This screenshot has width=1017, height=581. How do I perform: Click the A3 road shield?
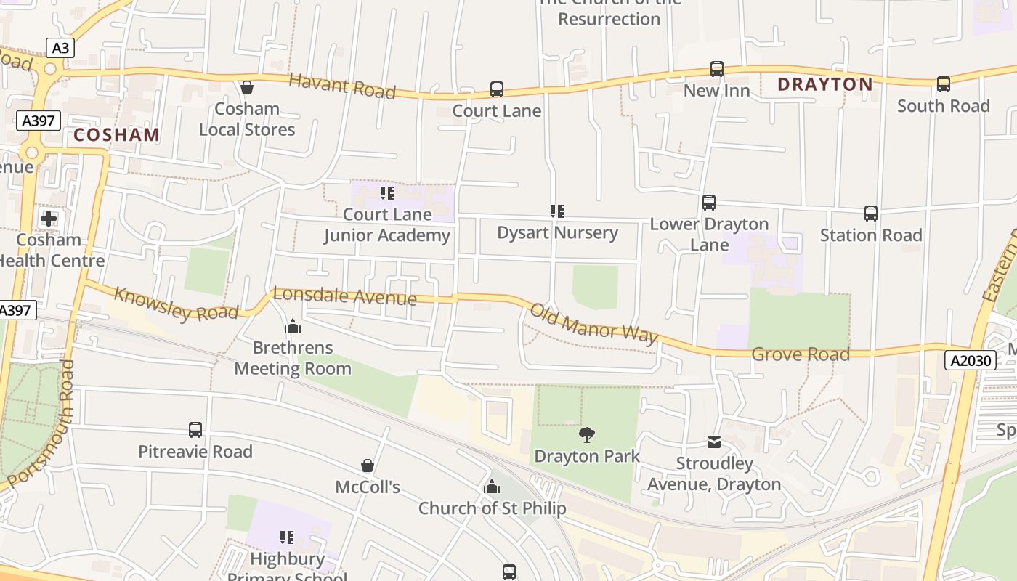pyautogui.click(x=61, y=48)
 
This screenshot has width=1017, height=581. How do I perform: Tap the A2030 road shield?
pyautogui.click(x=970, y=360)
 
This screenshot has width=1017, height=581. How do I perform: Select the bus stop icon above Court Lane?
pyautogui.click(x=497, y=89)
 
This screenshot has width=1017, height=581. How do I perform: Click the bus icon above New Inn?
pyautogui.click(x=717, y=69)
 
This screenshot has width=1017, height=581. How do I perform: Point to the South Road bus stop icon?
pyautogui.click(x=943, y=84)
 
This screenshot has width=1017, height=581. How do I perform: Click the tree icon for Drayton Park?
pyautogui.click(x=587, y=435)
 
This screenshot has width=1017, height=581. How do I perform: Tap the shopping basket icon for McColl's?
pyautogui.click(x=368, y=466)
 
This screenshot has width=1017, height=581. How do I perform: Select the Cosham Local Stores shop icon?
pyautogui.click(x=247, y=87)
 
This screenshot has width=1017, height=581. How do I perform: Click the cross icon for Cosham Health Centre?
pyautogui.click(x=49, y=218)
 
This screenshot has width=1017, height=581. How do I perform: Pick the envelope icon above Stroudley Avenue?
pyautogui.click(x=714, y=442)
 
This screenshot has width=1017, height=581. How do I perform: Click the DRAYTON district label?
pyautogui.click(x=825, y=84)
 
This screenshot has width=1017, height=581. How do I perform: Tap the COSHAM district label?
pyautogui.click(x=116, y=134)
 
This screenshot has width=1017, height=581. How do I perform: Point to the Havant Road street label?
pyautogui.click(x=342, y=86)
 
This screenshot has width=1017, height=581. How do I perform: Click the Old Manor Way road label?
pyautogui.click(x=593, y=323)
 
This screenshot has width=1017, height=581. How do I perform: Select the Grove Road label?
pyautogui.click(x=801, y=354)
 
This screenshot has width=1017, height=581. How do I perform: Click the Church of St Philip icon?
pyautogui.click(x=492, y=487)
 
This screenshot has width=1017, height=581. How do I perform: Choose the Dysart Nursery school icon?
pyautogui.click(x=557, y=211)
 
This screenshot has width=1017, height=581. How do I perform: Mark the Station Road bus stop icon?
pyautogui.click(x=871, y=214)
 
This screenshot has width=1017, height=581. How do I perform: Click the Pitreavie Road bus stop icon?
pyautogui.click(x=195, y=430)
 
